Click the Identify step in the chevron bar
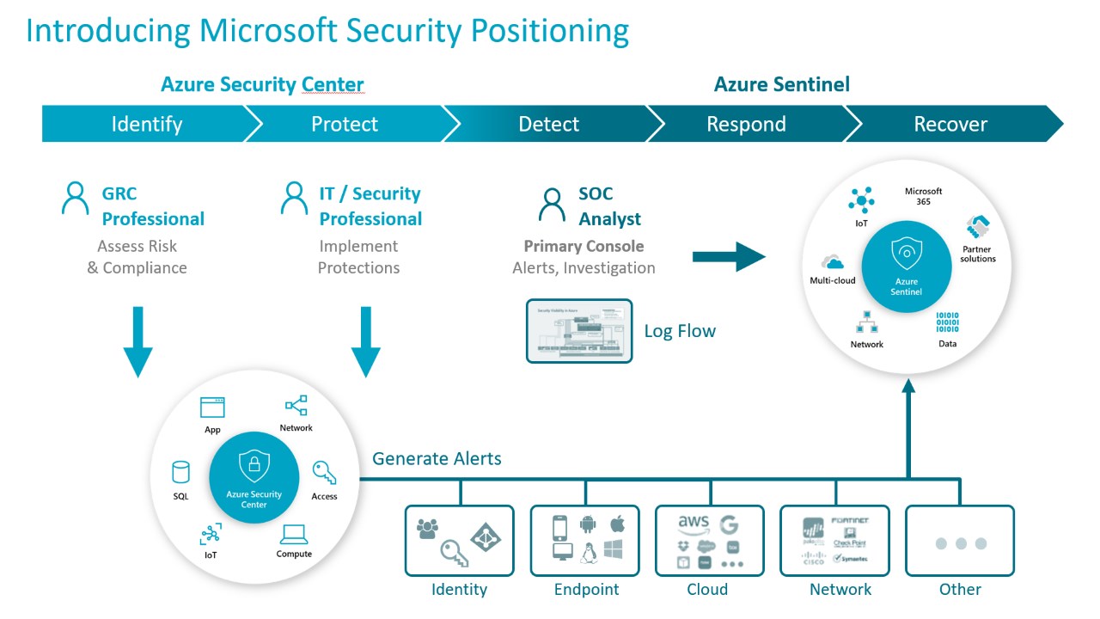point(146,124)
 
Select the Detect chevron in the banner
point(548,124)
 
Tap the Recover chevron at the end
point(950,124)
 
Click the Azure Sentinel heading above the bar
point(781,84)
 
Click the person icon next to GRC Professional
point(76,198)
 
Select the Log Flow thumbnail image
point(578,331)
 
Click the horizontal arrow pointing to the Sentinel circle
point(729,256)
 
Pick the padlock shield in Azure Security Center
point(254,466)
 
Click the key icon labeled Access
point(324,472)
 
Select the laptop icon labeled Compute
point(294,535)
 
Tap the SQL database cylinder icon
point(180,472)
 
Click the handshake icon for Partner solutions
point(978,229)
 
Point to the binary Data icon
point(947,322)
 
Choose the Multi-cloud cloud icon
point(832,262)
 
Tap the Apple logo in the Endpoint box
point(616,523)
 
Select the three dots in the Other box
point(960,543)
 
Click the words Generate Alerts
point(437,458)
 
